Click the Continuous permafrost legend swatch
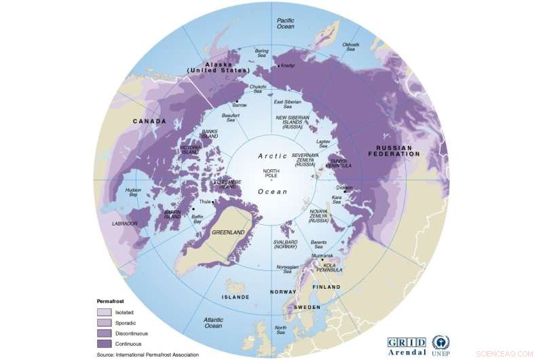point(104,344)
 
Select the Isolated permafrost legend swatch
point(104,312)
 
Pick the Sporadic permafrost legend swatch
point(104,323)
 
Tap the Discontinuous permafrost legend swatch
point(104,334)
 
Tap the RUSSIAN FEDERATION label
point(399,150)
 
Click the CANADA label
point(150,122)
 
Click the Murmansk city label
point(323,255)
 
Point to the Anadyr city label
point(288,66)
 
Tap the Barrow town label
point(240,106)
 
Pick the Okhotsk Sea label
point(351,46)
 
